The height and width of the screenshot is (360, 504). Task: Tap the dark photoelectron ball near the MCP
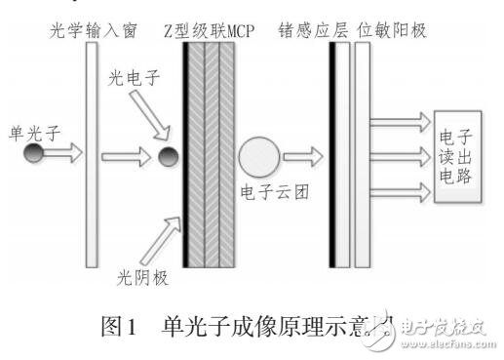167,155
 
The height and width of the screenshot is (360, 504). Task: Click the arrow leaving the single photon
60,154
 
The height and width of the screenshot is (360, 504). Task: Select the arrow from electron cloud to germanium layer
308,155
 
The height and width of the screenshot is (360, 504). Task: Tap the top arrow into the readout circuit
400,122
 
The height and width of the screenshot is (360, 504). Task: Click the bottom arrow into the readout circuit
400,188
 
